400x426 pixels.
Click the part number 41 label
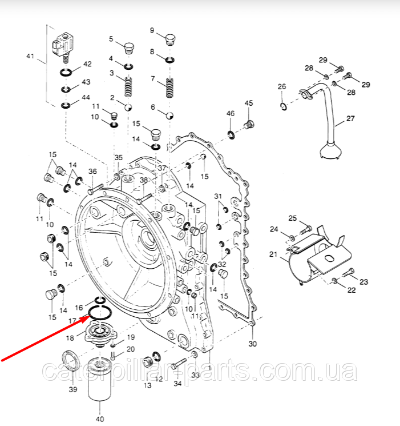30,56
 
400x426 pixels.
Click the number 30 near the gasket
253,344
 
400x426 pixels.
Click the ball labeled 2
129,107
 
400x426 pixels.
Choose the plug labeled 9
169,39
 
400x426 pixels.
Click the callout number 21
273,254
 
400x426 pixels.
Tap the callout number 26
281,87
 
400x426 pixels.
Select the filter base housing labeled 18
99,332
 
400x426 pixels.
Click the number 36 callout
92,171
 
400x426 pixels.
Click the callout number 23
364,281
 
